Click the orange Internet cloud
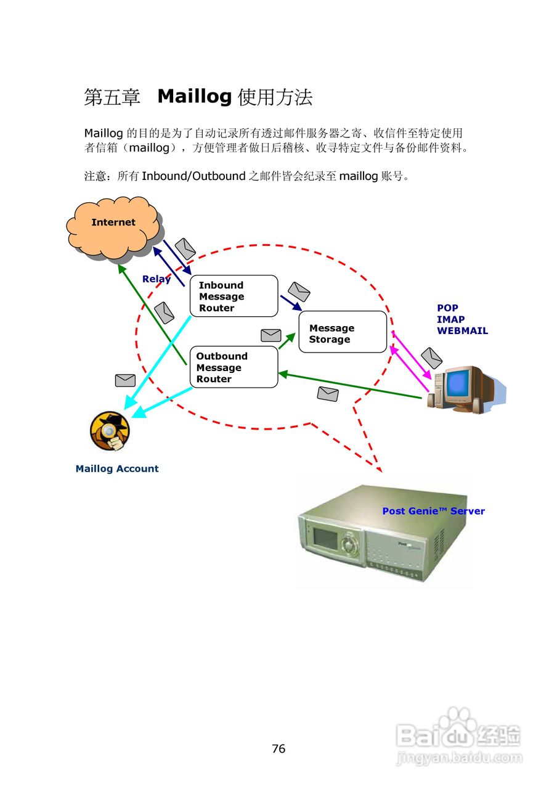coord(113,231)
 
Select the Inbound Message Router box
coord(234,296)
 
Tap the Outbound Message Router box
coord(234,367)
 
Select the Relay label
coord(156,279)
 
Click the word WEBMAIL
coord(462,331)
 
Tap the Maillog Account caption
coord(117,469)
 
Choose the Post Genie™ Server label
coord(433,511)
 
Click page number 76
coord(278,749)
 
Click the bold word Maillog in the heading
coord(194,97)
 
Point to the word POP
coord(447,308)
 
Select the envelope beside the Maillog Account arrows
coord(125,380)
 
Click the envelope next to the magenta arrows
coord(431,358)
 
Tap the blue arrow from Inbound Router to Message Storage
coord(291,303)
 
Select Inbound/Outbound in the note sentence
coord(193,177)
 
